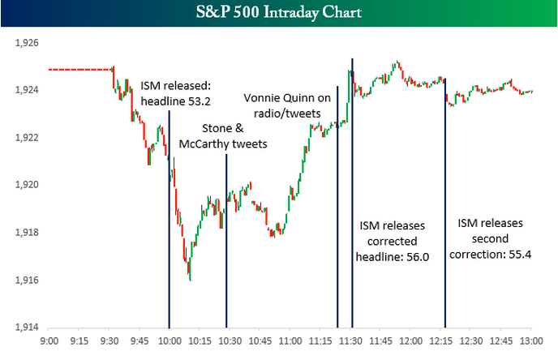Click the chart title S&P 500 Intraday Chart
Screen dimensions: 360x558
279,13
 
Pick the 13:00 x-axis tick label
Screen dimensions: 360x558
532,341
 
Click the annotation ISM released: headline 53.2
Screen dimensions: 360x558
176,92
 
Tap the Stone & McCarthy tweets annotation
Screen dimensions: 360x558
234,136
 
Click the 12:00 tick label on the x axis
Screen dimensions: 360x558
411,341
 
